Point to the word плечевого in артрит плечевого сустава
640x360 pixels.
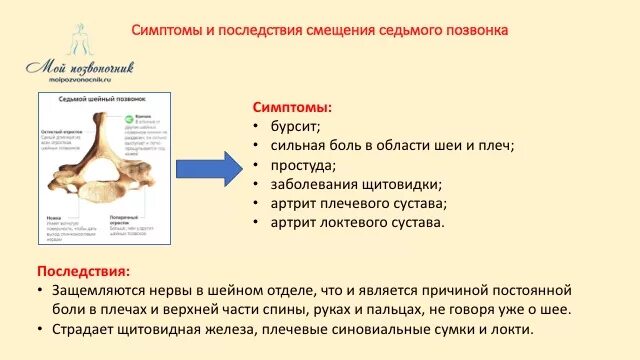tap(345, 203)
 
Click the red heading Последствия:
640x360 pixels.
tap(83, 271)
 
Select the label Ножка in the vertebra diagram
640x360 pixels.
tap(51, 215)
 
